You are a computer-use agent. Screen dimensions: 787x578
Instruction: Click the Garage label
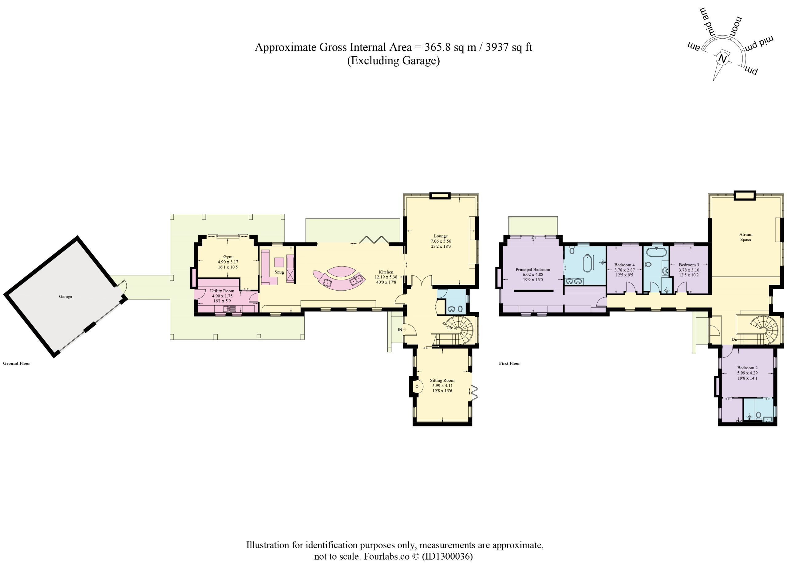(x=65, y=296)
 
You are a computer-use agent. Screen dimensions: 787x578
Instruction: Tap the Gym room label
(x=228, y=256)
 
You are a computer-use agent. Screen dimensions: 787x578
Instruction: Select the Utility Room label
(x=222, y=291)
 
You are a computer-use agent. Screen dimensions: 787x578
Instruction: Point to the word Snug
(x=279, y=272)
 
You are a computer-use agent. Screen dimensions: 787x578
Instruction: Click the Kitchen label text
(x=386, y=272)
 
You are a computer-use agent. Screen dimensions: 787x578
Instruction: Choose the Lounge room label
(x=441, y=236)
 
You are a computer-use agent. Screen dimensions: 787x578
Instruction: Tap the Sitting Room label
(x=442, y=380)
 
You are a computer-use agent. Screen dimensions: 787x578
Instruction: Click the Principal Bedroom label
(x=533, y=269)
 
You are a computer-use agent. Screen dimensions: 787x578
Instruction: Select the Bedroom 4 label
(x=624, y=265)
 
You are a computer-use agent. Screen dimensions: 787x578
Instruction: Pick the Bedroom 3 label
(x=689, y=265)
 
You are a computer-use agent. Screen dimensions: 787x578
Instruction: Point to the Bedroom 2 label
(x=747, y=368)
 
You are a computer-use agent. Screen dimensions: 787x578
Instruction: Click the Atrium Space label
(x=746, y=237)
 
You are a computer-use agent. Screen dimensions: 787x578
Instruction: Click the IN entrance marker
(x=400, y=330)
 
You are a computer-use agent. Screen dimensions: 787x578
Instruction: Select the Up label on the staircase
(x=449, y=328)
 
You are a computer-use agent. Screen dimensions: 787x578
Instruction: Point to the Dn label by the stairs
(x=734, y=339)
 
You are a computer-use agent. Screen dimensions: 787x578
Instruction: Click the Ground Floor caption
(x=16, y=363)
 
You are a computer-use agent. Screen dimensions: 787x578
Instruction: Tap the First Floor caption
(x=509, y=363)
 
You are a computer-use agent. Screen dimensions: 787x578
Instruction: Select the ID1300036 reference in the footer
(x=447, y=556)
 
